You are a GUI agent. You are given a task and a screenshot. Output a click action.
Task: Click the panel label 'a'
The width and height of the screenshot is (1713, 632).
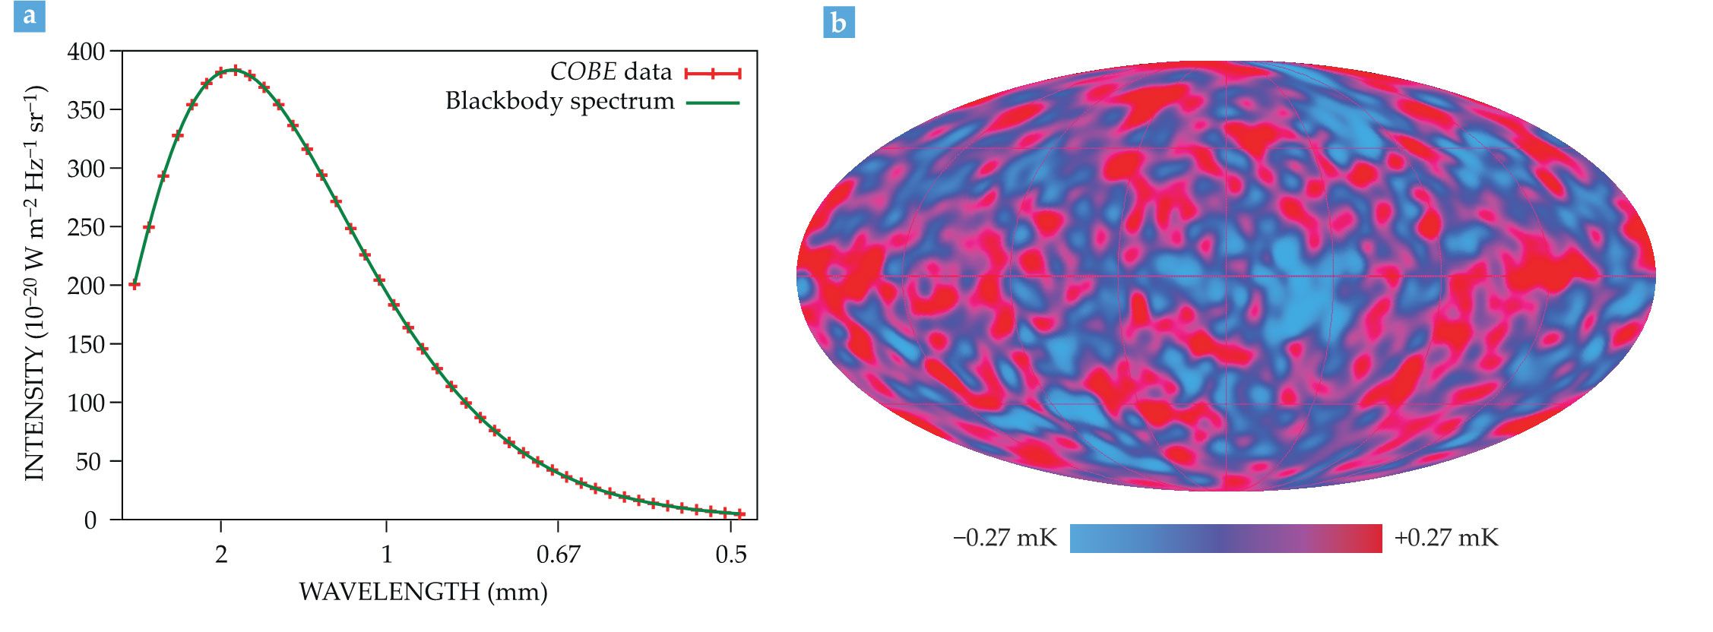pyautogui.click(x=30, y=16)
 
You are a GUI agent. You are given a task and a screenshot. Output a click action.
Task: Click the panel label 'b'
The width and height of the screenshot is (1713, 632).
pyautogui.click(x=839, y=23)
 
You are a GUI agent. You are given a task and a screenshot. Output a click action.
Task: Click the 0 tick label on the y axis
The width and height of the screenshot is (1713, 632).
pyautogui.click(x=90, y=520)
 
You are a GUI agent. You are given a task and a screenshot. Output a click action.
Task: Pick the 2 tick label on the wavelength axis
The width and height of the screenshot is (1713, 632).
pyautogui.click(x=221, y=555)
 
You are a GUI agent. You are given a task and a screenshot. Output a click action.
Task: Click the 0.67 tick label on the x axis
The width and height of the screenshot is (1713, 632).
pyautogui.click(x=558, y=555)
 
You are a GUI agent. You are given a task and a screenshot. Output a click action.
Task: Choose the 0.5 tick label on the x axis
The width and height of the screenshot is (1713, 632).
pyautogui.click(x=730, y=555)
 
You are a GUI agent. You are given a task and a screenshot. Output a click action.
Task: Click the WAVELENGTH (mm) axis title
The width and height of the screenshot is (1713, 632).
pyautogui.click(x=423, y=592)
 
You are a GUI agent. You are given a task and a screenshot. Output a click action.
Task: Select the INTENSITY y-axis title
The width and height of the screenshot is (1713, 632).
pyautogui.click(x=35, y=283)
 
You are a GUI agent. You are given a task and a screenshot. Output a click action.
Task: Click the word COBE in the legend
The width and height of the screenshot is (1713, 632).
pyautogui.click(x=583, y=72)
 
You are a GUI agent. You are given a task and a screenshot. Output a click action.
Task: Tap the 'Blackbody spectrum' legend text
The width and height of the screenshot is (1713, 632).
pyautogui.click(x=559, y=101)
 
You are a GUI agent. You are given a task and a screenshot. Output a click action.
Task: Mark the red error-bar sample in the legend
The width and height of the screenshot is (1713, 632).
pyautogui.click(x=712, y=73)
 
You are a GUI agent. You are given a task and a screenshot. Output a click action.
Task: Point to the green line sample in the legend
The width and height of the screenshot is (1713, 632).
pyautogui.click(x=713, y=103)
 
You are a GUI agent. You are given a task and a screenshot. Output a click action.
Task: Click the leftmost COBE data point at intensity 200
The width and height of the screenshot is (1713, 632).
pyautogui.click(x=135, y=285)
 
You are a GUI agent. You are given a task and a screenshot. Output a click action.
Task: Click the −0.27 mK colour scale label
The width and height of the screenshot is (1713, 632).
pyautogui.click(x=1005, y=539)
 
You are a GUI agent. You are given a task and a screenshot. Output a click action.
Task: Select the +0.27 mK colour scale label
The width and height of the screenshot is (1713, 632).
pyautogui.click(x=1445, y=539)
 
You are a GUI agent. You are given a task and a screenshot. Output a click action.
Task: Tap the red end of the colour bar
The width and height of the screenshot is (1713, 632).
pyautogui.click(x=1368, y=539)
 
